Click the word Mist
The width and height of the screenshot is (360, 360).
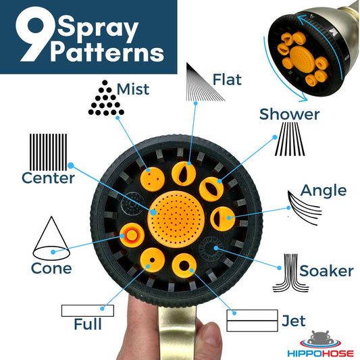point(133,89)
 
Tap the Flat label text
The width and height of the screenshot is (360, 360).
point(227,80)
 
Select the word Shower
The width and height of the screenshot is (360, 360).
point(289,114)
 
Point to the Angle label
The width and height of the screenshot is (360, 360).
point(324,190)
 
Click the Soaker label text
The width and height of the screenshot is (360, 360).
point(326,271)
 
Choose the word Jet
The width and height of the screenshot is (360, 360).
point(294,321)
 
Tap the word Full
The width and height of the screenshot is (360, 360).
point(88,324)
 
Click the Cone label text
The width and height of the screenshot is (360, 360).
point(51,268)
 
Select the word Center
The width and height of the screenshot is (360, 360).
point(48,178)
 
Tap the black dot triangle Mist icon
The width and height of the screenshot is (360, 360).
point(106,98)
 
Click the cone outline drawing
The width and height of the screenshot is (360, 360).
point(51,238)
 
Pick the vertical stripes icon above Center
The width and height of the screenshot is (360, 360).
point(49,152)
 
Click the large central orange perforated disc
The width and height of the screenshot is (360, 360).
point(176,219)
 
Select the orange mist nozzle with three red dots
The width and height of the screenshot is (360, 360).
point(153,179)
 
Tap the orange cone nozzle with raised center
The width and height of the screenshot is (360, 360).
point(132,235)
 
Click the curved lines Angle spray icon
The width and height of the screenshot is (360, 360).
point(305,208)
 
